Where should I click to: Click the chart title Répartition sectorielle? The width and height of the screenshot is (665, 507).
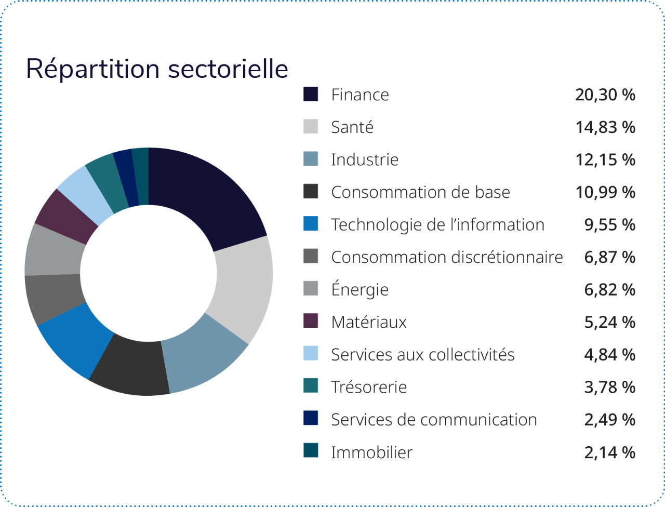[x=157, y=69]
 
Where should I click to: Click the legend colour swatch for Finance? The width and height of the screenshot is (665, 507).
[x=311, y=95]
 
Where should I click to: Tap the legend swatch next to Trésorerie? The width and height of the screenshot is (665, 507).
[x=311, y=386]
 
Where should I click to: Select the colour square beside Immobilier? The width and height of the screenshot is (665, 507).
[x=311, y=451]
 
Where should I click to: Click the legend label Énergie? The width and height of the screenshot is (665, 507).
[x=360, y=289]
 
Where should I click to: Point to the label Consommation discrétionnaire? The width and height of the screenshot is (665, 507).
[x=447, y=257]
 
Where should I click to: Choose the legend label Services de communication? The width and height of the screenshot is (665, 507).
[x=434, y=419]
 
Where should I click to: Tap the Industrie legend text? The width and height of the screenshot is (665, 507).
[x=365, y=159]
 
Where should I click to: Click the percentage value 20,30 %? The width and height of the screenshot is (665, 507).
[x=605, y=95]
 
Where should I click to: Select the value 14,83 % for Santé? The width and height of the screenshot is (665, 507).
[x=605, y=127]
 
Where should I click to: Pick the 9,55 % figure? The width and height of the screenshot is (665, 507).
[x=609, y=224]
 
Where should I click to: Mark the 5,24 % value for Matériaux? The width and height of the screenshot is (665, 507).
[x=609, y=322]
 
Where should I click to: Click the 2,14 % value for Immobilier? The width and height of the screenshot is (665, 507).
[x=609, y=452]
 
